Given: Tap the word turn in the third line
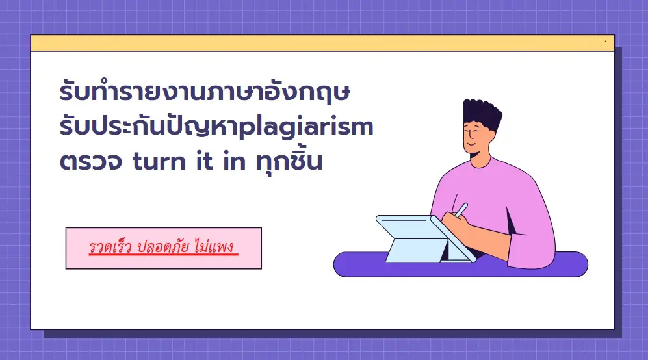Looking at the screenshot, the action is coord(159,161).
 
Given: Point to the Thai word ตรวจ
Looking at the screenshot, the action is coord(91,161).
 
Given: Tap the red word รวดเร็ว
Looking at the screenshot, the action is coord(110,247).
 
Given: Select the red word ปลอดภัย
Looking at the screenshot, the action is coord(163,247).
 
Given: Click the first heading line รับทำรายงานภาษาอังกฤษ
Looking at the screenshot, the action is coord(205,92).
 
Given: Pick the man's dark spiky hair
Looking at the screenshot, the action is coord(482,114).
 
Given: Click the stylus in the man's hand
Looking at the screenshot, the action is coord(461,209).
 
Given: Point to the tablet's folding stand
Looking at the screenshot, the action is coord(417,250).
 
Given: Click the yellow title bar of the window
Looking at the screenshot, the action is coord(322,43).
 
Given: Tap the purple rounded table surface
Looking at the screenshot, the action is coord(460,264).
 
